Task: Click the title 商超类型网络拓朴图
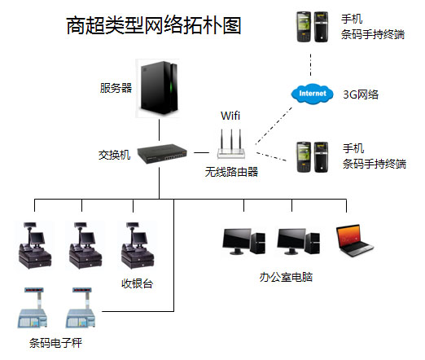pyautogui.click(x=154, y=25)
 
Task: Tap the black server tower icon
pyautogui.click(x=159, y=88)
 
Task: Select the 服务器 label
pyautogui.click(x=116, y=88)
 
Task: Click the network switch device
pyautogui.click(x=162, y=154)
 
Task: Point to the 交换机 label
pyautogui.click(x=114, y=155)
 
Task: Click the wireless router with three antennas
pyautogui.click(x=231, y=144)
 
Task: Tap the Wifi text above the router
pyautogui.click(x=230, y=116)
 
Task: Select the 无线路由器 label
pyautogui.click(x=231, y=172)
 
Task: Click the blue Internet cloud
pyautogui.click(x=312, y=94)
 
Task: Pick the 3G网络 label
pyautogui.click(x=361, y=94)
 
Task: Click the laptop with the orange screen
pyautogui.click(x=354, y=240)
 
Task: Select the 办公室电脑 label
pyautogui.click(x=286, y=277)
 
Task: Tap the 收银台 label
pyautogui.click(x=137, y=283)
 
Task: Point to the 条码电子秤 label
pyautogui.click(x=55, y=343)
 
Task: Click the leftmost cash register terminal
pyautogui.click(x=34, y=245)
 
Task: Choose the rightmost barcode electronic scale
pyautogui.click(x=81, y=308)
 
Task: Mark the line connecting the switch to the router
pyautogui.click(x=201, y=152)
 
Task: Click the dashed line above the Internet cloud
pyautogui.click(x=311, y=65)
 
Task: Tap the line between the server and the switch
pyautogui.click(x=159, y=130)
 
